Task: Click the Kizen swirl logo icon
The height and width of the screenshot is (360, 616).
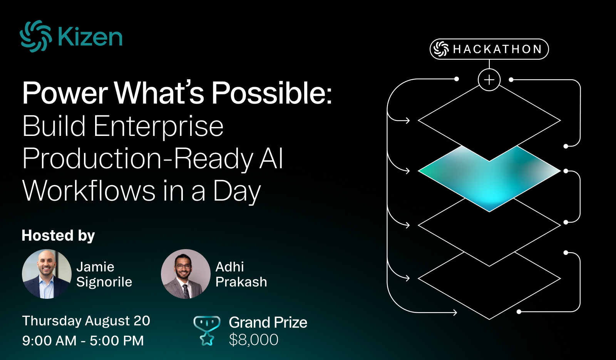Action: (x=36, y=36)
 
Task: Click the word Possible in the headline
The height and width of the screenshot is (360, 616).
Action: (x=271, y=93)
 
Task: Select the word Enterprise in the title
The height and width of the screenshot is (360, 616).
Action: (x=158, y=127)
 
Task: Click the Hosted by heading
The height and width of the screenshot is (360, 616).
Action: (x=58, y=236)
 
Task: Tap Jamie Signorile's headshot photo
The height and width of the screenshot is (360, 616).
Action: (x=47, y=274)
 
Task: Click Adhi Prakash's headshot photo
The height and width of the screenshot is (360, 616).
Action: (x=186, y=274)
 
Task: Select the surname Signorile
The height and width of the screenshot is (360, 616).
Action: (x=104, y=282)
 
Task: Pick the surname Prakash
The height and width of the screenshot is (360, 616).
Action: (x=241, y=282)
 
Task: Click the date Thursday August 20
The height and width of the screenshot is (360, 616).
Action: (x=86, y=321)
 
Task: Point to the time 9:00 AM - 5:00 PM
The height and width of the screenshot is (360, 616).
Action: (x=83, y=341)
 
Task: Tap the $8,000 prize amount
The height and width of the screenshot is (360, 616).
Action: (x=254, y=340)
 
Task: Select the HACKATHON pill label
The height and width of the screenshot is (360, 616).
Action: (x=489, y=49)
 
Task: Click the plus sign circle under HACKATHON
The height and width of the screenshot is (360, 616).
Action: (x=489, y=80)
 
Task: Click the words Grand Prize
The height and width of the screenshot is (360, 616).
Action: (x=268, y=323)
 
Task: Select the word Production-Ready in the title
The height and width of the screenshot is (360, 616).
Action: (x=138, y=159)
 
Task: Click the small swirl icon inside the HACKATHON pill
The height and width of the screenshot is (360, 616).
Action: (x=441, y=49)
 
